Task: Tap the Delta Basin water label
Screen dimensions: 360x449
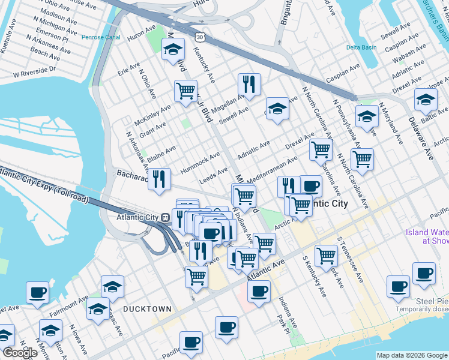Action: tap(361, 47)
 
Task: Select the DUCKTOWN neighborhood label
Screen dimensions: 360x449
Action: tap(147, 308)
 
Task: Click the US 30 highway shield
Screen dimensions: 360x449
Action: tap(199, 37)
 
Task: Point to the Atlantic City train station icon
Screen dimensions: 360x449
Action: tap(164, 217)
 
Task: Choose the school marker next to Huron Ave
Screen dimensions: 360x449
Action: tap(173, 50)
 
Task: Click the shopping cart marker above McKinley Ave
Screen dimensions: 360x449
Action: tap(185, 91)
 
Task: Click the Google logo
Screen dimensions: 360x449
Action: tap(19, 353)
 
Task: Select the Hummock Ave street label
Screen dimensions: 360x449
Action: tap(200, 162)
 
